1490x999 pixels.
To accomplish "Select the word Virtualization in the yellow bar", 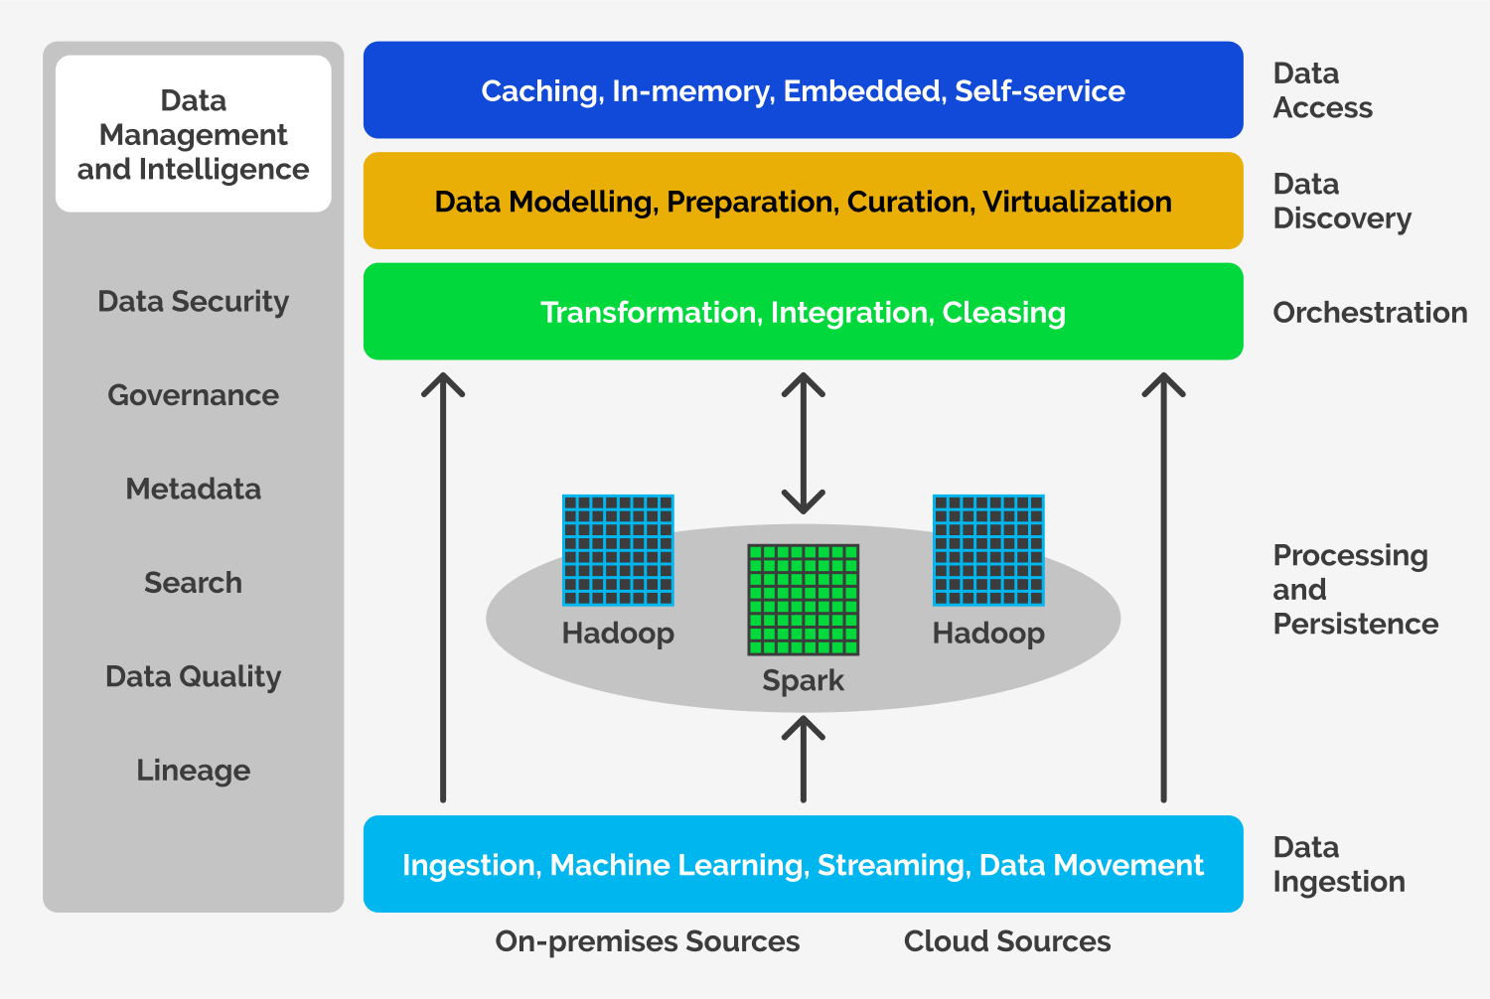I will [1077, 203].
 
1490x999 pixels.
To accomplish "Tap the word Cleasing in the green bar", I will [1003, 313].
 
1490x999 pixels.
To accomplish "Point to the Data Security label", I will [193, 301].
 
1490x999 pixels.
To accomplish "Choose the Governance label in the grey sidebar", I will [193, 395].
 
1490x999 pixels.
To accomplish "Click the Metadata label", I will [193, 489].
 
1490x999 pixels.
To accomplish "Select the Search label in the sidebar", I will [193, 583].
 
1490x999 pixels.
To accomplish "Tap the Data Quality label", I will [193, 676].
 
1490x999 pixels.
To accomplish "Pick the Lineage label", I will [193, 771].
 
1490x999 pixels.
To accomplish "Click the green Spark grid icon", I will [803, 599].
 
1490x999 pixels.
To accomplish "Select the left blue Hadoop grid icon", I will [618, 550].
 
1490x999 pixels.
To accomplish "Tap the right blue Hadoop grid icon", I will [988, 550].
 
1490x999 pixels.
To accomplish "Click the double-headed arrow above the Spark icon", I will [803, 443].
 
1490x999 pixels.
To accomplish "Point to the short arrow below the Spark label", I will [803, 759].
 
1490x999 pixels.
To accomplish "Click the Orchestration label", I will [1370, 313].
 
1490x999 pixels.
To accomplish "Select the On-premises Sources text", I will [647, 941].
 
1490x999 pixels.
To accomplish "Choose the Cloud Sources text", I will [1007, 941].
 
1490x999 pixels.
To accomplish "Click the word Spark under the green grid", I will [803, 681].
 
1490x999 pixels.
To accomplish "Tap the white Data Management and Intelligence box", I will [193, 134].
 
